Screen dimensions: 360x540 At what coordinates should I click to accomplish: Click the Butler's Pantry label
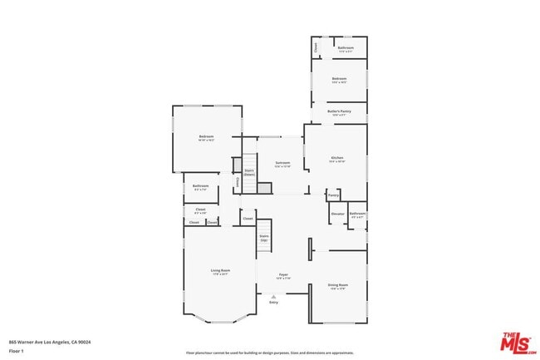point(338,111)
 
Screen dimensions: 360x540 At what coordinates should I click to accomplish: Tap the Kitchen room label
point(336,159)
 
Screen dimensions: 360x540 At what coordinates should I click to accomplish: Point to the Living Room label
point(220,272)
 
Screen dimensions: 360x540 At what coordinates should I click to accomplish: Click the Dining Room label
point(338,286)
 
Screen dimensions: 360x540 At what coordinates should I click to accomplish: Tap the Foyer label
point(283,275)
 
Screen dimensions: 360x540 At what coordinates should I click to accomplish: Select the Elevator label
point(338,214)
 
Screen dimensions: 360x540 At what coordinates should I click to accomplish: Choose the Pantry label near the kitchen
point(333,196)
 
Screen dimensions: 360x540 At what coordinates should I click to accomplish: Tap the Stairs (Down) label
point(248,172)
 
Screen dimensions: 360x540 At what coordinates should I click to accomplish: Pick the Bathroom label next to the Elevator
point(357,215)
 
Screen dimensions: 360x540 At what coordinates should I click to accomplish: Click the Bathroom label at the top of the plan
point(346,49)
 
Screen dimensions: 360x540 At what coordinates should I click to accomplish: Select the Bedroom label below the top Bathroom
point(339,80)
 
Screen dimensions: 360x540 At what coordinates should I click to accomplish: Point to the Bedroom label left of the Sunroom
point(206,138)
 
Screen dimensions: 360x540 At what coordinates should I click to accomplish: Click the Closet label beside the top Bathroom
point(316,48)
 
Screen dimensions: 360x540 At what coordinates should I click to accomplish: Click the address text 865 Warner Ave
point(50,342)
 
